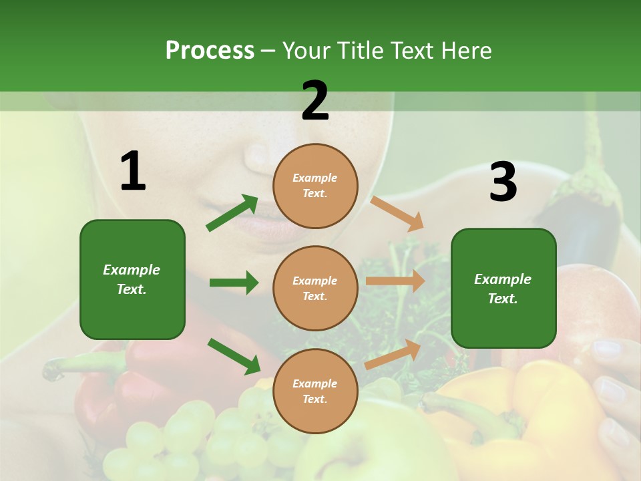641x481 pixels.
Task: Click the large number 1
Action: click(x=133, y=172)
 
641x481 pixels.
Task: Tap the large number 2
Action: click(x=315, y=101)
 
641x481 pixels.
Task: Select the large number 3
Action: click(x=503, y=182)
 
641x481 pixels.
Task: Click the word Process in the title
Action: click(x=210, y=50)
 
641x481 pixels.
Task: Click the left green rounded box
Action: click(x=132, y=279)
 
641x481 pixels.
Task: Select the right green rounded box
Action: click(x=503, y=288)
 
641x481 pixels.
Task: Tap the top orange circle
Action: click(x=315, y=186)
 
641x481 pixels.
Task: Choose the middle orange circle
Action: click(x=315, y=288)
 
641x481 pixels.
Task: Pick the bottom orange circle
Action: click(x=315, y=391)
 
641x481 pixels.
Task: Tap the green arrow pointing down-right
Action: click(x=234, y=356)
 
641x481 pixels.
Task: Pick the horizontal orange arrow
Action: click(x=395, y=281)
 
